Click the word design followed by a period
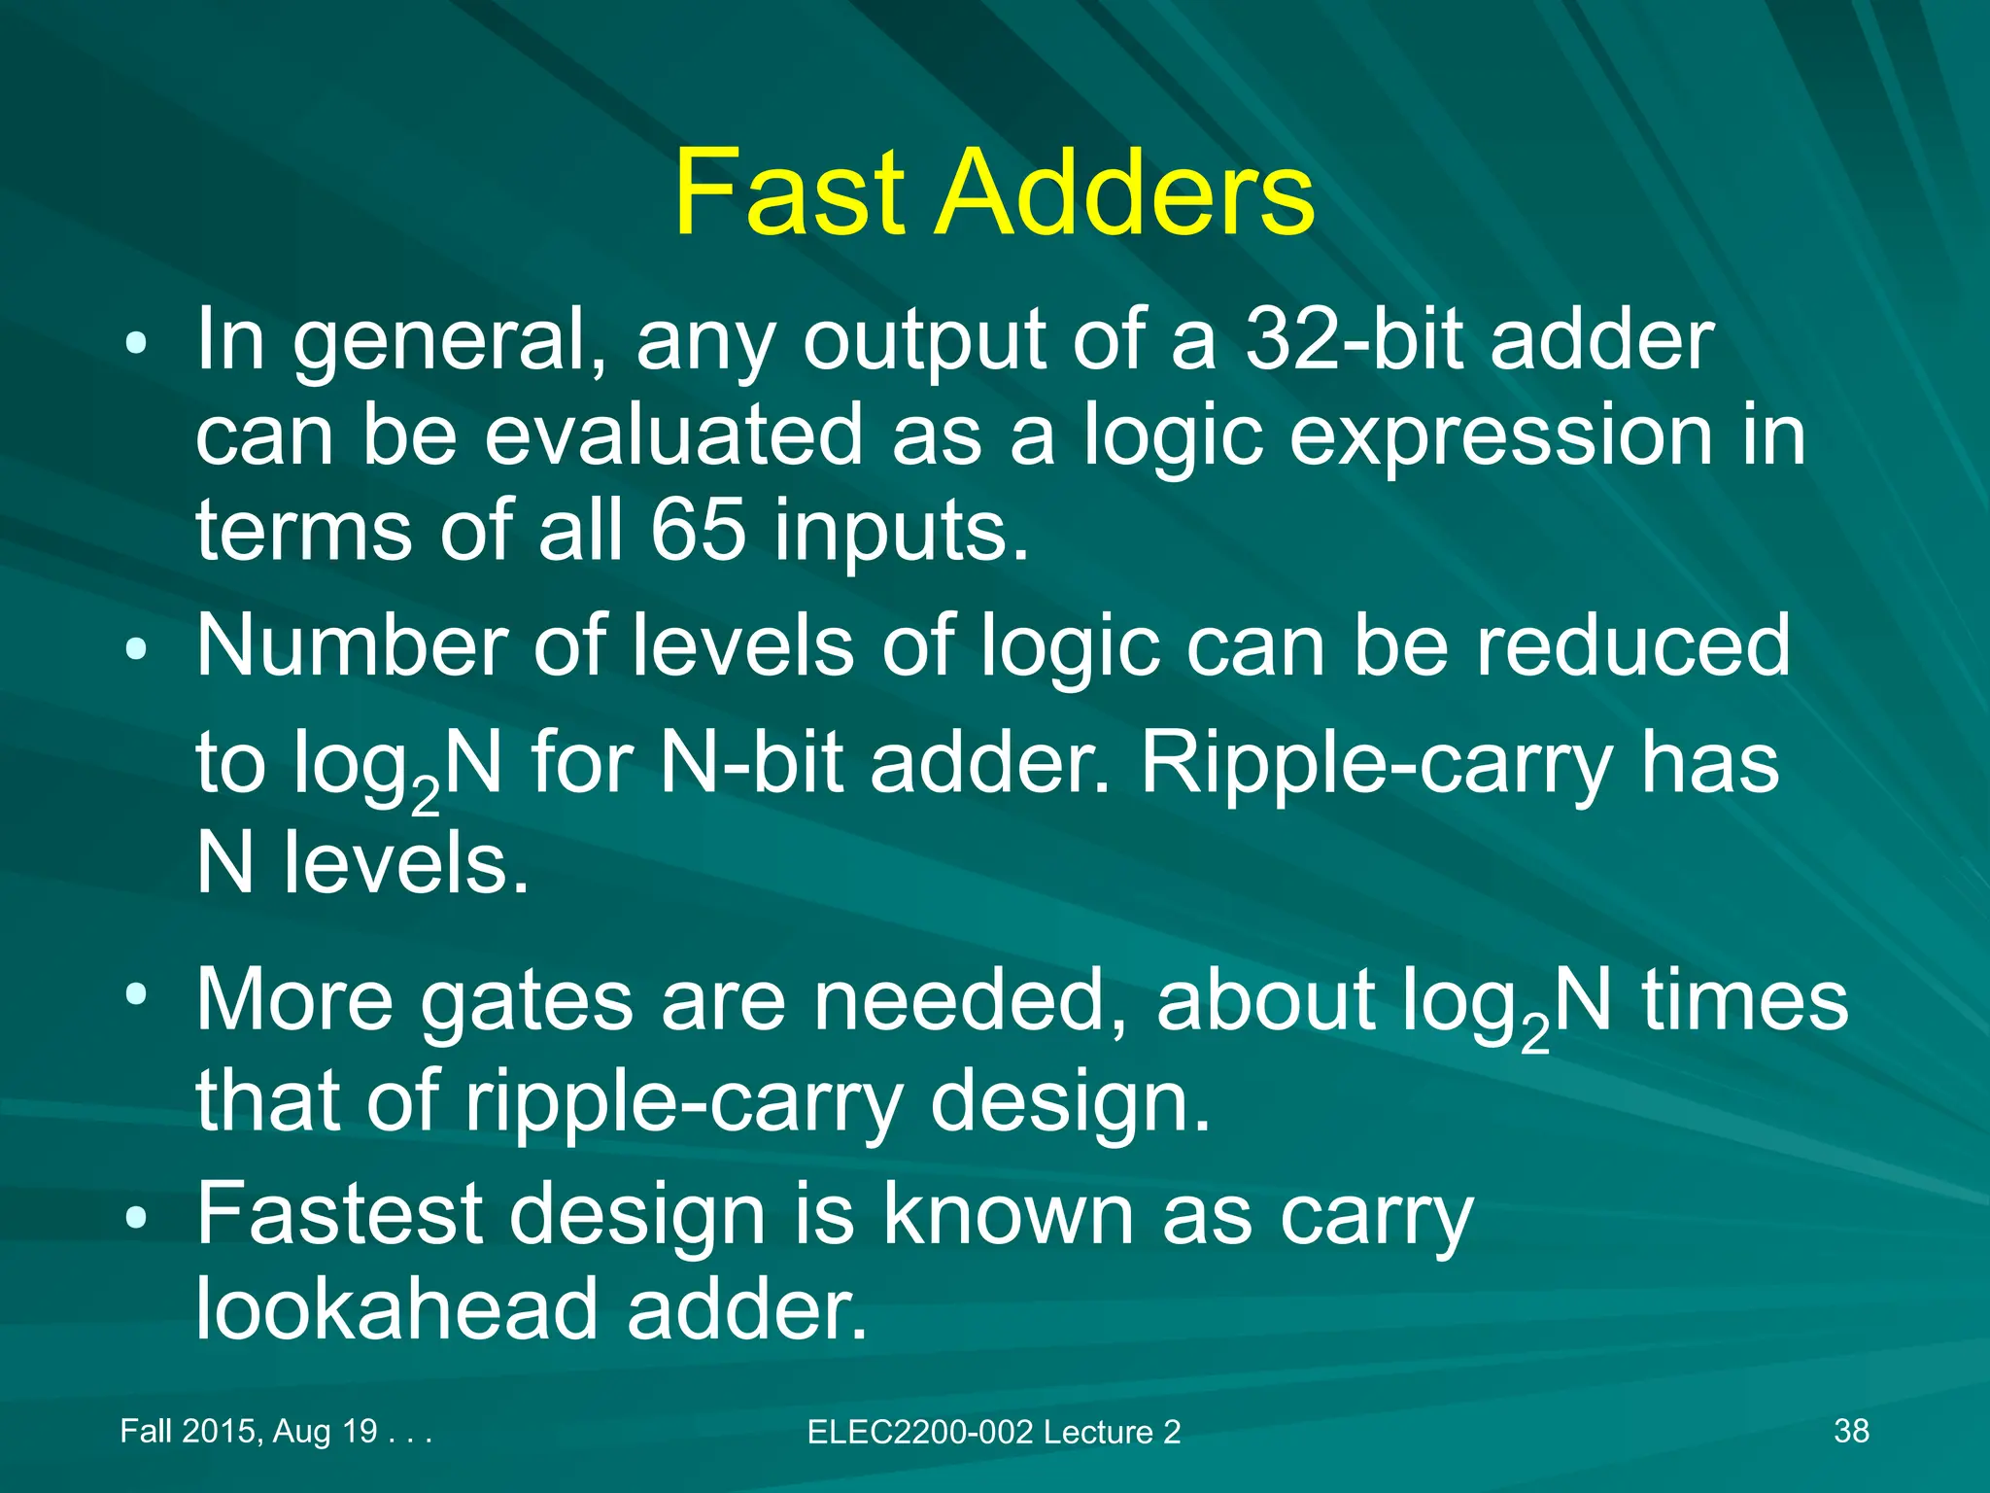tap(1069, 1103)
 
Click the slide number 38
tap(1851, 1431)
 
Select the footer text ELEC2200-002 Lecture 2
tap(993, 1432)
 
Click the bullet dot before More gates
tap(135, 994)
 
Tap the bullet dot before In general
tap(135, 342)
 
